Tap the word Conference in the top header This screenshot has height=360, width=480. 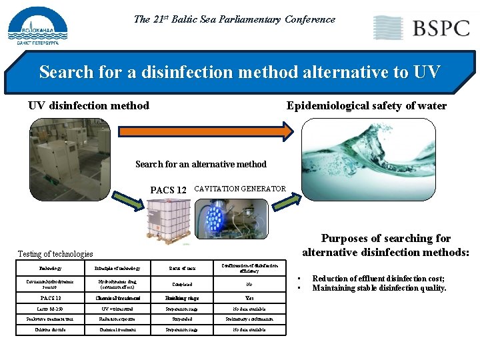coord(310,19)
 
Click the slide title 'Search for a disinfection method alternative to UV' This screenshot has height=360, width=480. coord(240,71)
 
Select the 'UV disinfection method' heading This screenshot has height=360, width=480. coord(89,105)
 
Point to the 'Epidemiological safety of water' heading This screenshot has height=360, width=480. coord(366,105)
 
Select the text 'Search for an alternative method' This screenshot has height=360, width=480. coord(201,164)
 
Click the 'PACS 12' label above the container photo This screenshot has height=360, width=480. coord(168,190)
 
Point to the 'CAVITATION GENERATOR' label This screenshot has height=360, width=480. coord(239,189)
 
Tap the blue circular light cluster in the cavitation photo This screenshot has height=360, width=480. coord(213,217)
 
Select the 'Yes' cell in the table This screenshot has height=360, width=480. coord(249,298)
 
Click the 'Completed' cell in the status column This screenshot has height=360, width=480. coord(182,283)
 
